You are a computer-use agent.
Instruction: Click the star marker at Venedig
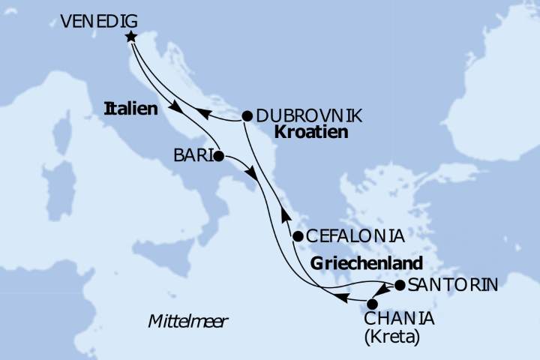coord(132,37)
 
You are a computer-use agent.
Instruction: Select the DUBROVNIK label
coord(309,116)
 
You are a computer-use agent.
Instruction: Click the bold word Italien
coord(131,109)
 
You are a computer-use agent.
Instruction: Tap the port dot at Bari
coord(219,157)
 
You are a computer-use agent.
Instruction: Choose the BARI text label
coord(193,157)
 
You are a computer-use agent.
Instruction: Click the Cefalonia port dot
coord(298,236)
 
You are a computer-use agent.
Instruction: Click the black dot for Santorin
coord(400,285)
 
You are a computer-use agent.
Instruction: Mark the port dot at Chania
coord(372,304)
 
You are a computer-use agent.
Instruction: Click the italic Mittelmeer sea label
coord(188,322)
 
